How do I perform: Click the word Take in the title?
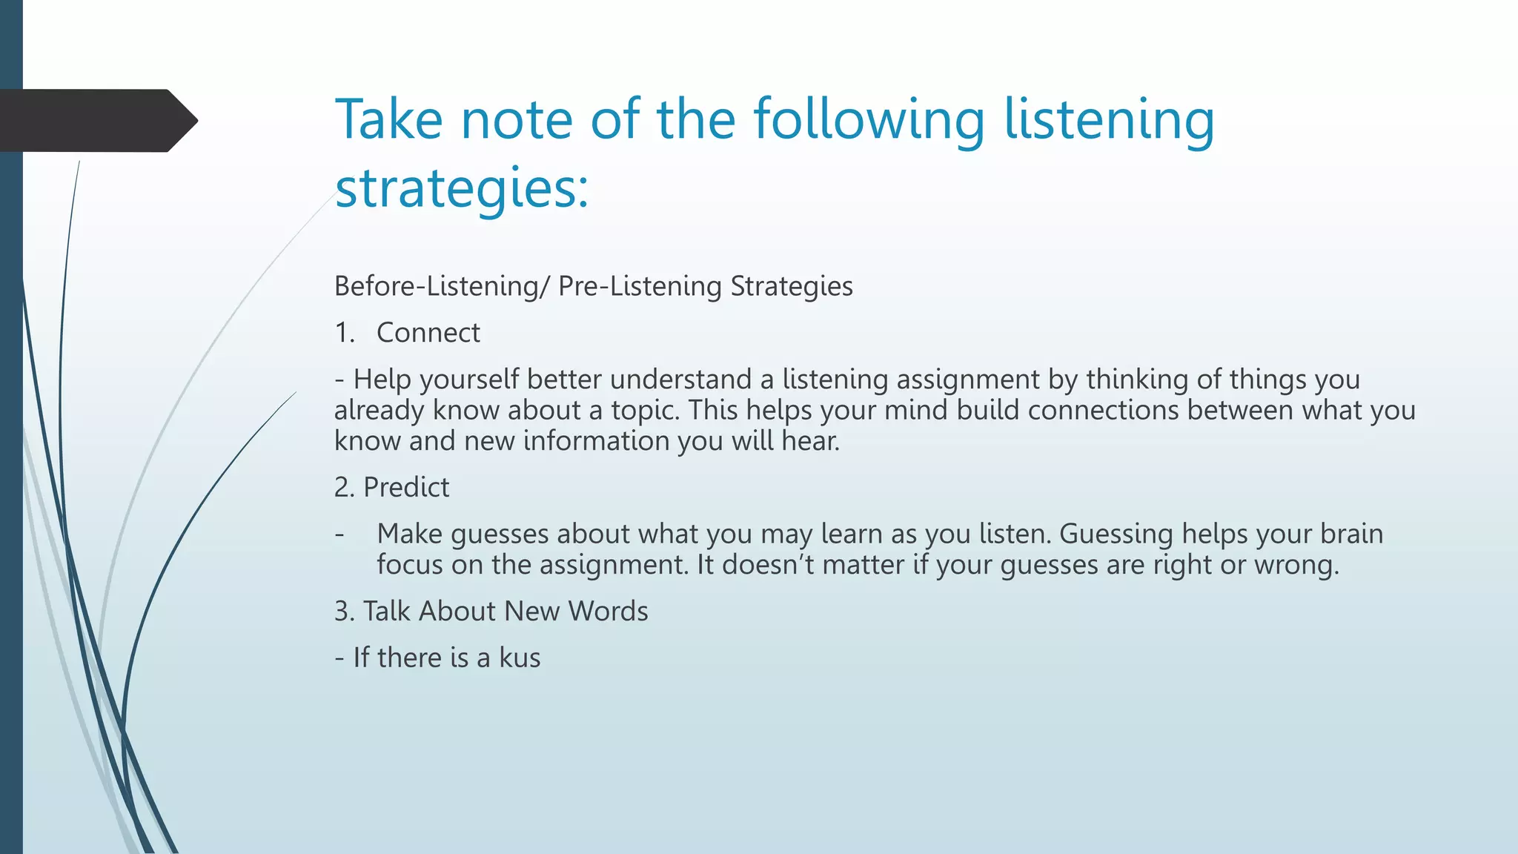pyautogui.click(x=388, y=119)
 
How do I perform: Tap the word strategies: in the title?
pyautogui.click(x=461, y=188)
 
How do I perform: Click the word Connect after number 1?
pyautogui.click(x=428, y=333)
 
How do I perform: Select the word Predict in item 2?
pyautogui.click(x=406, y=488)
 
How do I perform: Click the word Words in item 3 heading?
pyautogui.click(x=608, y=612)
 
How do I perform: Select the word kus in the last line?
pyautogui.click(x=520, y=658)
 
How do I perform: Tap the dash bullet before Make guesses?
pyautogui.click(x=339, y=534)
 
